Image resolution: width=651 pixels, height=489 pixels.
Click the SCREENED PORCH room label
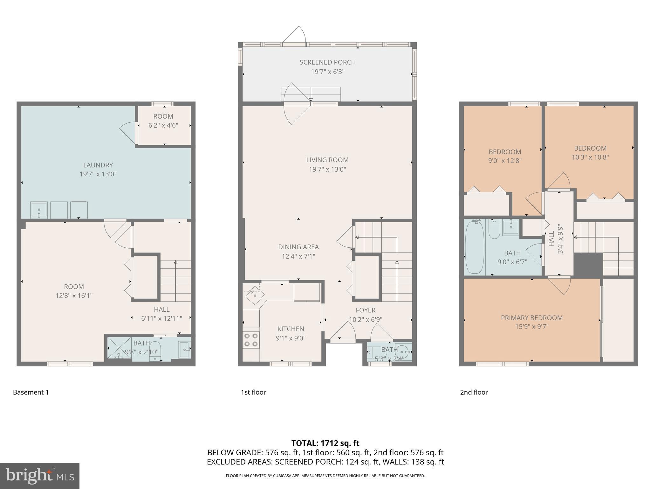tap(327, 62)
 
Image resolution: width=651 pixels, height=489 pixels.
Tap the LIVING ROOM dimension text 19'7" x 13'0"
tap(327, 169)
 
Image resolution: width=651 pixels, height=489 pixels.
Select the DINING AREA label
tap(298, 247)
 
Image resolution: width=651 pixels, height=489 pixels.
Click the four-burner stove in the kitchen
tap(251, 340)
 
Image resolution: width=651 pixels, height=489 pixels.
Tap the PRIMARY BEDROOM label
tap(531, 318)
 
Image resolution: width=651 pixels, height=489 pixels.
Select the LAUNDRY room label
tap(98, 165)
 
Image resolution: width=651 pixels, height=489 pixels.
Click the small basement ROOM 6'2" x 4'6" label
tap(163, 117)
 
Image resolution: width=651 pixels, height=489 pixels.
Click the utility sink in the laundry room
tap(39, 210)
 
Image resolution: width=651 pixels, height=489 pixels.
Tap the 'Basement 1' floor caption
tap(31, 392)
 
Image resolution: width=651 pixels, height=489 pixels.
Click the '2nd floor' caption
tap(474, 392)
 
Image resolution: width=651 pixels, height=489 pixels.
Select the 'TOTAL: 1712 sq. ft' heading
tap(325, 443)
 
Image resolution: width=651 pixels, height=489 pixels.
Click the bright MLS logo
tap(39, 476)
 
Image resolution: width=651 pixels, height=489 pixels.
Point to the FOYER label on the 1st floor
tap(366, 310)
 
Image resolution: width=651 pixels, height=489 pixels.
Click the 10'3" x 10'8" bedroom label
tap(590, 148)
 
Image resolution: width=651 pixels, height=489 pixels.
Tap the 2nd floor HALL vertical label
tap(551, 239)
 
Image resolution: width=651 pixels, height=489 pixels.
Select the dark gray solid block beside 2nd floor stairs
tap(588, 264)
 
